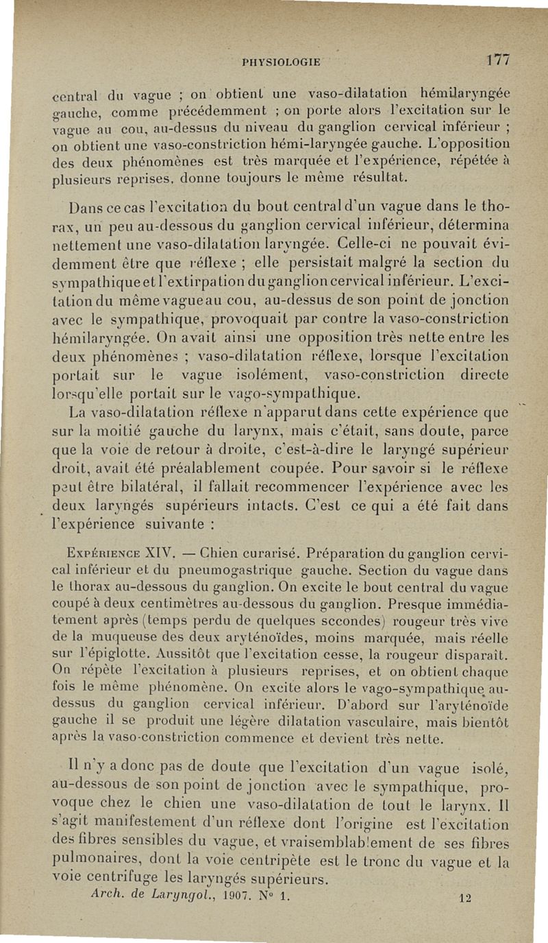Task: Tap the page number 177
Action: point(497,59)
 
